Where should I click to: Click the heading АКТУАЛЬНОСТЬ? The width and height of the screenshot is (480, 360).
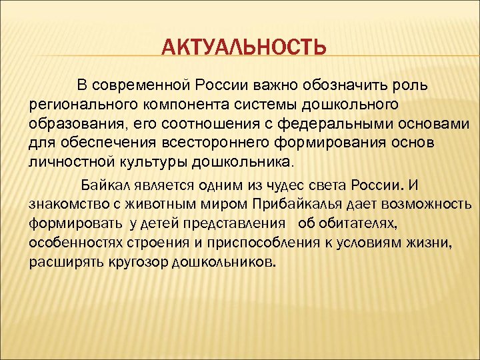pyautogui.click(x=245, y=48)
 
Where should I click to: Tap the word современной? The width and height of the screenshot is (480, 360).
pyautogui.click(x=141, y=85)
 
